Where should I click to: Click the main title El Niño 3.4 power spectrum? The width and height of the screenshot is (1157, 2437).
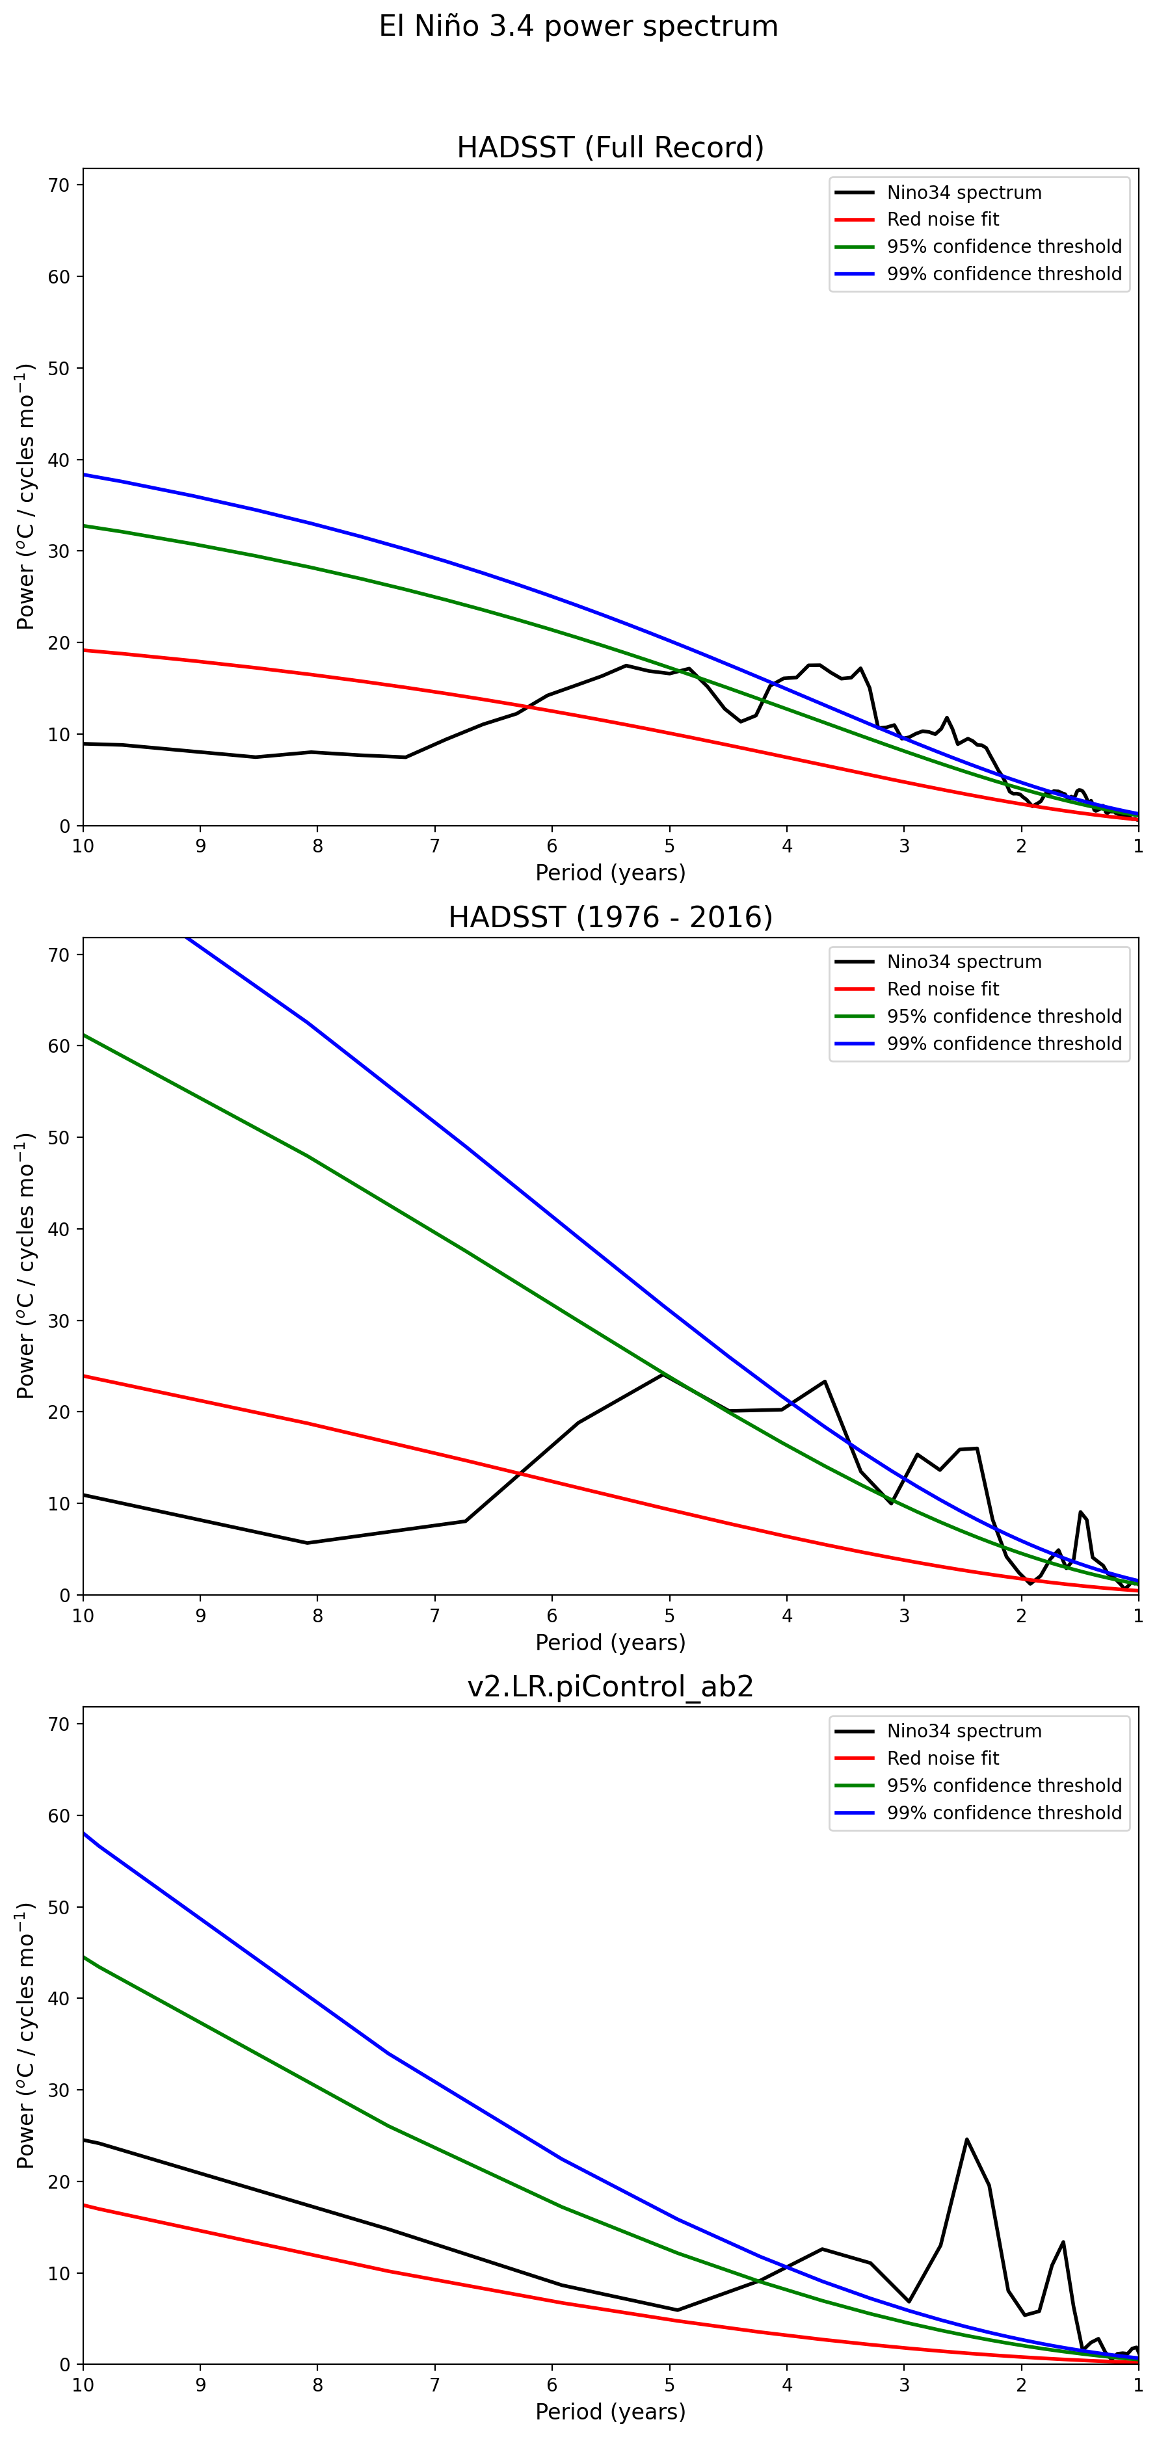[578, 27]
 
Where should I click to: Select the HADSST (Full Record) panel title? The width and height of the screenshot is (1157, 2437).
[610, 148]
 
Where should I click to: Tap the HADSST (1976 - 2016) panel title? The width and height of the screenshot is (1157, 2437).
[610, 917]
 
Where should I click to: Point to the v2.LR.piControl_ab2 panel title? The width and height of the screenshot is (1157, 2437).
[610, 1686]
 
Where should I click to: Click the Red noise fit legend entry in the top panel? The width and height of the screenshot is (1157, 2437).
[942, 220]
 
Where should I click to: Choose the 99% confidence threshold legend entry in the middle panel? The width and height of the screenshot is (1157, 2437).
[1004, 1044]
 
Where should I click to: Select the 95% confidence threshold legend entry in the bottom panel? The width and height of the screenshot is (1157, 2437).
[1004, 1785]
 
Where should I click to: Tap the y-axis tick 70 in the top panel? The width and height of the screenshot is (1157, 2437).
[59, 185]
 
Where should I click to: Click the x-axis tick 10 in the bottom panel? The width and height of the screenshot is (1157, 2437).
[83, 2385]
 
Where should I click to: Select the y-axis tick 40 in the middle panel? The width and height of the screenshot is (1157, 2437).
[59, 1229]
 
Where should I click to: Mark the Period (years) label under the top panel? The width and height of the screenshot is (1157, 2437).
[610, 872]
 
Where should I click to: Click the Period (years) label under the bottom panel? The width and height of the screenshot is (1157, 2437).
[610, 2412]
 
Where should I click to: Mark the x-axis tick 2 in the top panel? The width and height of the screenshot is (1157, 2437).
[1022, 847]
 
